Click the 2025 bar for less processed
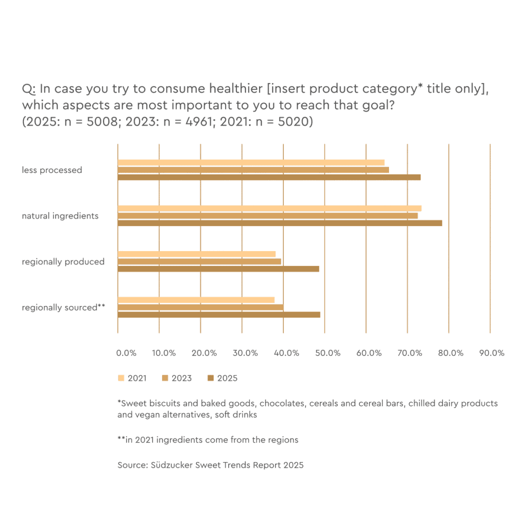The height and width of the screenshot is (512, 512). pyautogui.click(x=269, y=177)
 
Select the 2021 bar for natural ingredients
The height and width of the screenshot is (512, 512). pyautogui.click(x=269, y=208)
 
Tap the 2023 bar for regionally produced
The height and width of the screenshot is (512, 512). pyautogui.click(x=199, y=261)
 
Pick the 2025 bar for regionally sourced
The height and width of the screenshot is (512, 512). pyautogui.click(x=219, y=314)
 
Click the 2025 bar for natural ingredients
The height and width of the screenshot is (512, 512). pyautogui.click(x=280, y=223)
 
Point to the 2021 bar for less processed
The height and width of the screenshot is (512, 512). pyautogui.click(x=251, y=162)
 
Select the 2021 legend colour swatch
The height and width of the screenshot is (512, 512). pyautogui.click(x=121, y=378)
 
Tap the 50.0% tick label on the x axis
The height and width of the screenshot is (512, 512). pyautogui.click(x=328, y=353)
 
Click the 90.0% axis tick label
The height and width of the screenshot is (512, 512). pyautogui.click(x=492, y=353)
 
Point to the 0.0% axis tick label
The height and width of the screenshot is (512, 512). pyautogui.click(x=126, y=353)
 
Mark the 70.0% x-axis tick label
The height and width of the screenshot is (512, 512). pyautogui.click(x=410, y=353)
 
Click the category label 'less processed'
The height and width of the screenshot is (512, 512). pyautogui.click(x=52, y=170)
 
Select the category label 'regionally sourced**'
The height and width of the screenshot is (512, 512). pyautogui.click(x=63, y=307)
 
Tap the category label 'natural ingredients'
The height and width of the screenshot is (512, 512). pyautogui.click(x=60, y=216)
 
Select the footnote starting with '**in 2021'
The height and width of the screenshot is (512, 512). pyautogui.click(x=208, y=440)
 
